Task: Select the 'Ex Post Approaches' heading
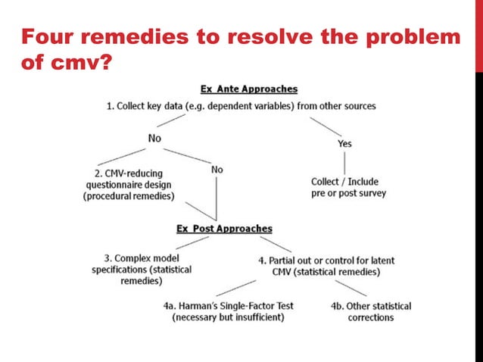coord(224,228)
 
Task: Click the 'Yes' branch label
coord(344,143)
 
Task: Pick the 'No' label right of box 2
coord(217,169)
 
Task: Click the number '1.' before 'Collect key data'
coord(110,106)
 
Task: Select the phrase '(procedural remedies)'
coord(129,195)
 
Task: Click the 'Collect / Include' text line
coord(344,182)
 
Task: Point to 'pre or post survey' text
coord(348,193)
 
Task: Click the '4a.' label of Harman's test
coord(170,306)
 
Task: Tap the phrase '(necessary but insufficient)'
coord(229,317)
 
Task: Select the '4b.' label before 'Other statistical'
coord(338,306)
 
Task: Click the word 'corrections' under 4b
coord(371,317)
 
